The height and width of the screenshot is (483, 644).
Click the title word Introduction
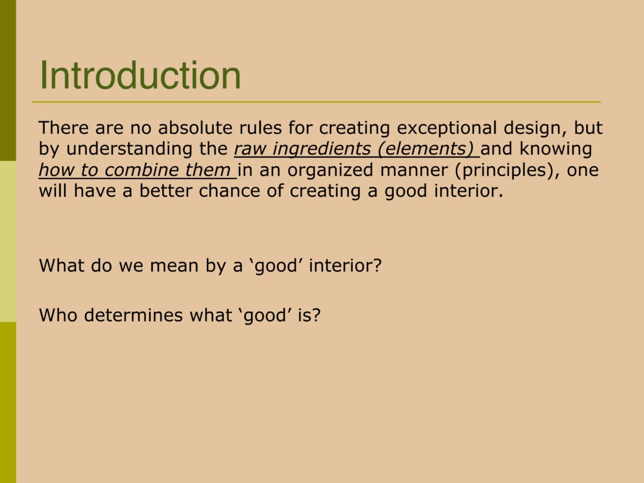pos(140,75)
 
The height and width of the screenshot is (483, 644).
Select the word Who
pos(58,315)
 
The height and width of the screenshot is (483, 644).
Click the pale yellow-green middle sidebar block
pos(8,241)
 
